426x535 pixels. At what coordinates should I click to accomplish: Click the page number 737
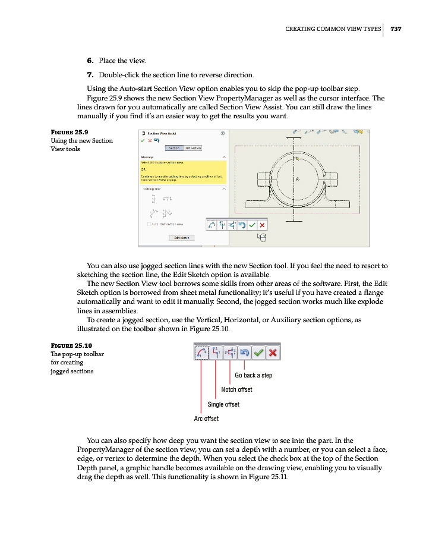point(396,29)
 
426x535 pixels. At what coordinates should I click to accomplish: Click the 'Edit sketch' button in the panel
point(181,237)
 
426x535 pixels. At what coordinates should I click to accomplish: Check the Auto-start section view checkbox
point(149,224)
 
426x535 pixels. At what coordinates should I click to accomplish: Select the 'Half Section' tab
point(194,148)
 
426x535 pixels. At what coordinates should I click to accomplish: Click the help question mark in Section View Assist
point(222,134)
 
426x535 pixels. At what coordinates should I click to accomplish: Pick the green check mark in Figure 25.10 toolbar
point(258,353)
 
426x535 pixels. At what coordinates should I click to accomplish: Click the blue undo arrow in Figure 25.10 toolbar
point(244,353)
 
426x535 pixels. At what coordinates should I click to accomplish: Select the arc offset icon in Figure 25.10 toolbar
point(201,353)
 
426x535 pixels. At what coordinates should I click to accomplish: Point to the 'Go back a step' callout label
point(253,375)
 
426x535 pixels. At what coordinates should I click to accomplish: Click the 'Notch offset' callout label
point(236,389)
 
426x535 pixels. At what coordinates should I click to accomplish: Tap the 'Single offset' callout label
point(223,404)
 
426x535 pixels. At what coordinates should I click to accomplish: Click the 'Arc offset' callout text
point(206,418)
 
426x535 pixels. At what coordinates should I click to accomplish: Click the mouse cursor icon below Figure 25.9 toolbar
point(261,238)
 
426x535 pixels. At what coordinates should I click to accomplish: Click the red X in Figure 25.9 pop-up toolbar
point(262,225)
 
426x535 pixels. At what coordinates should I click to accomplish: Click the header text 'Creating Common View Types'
point(333,29)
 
